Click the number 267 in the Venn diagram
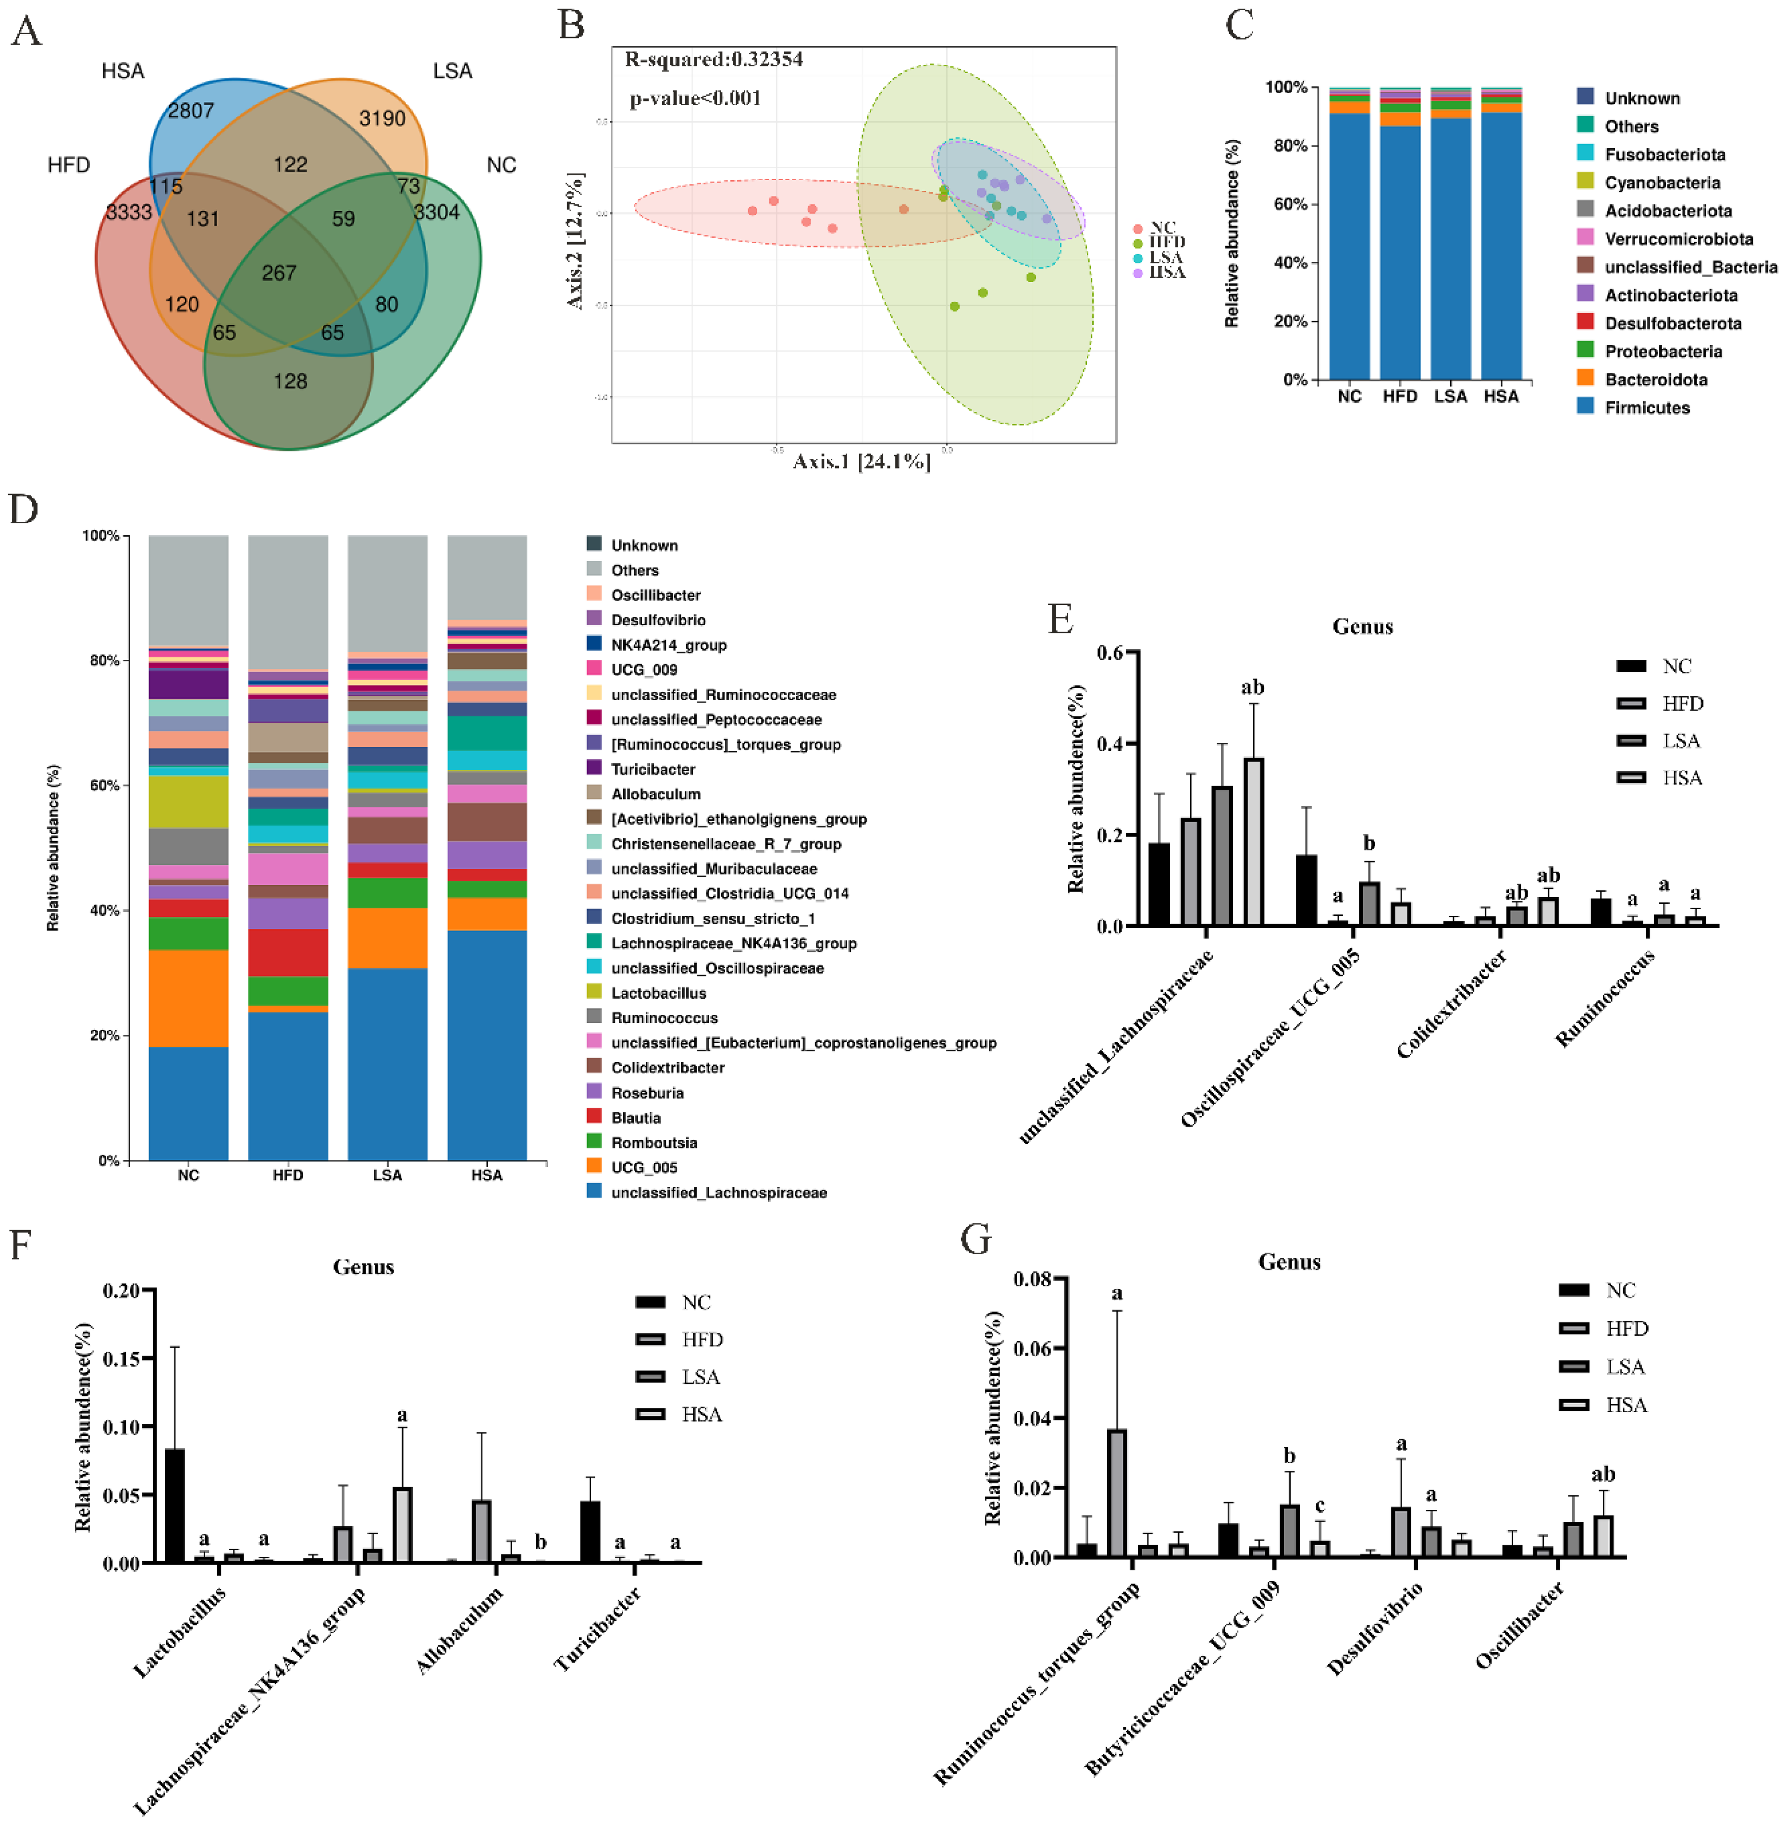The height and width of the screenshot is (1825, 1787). [279, 273]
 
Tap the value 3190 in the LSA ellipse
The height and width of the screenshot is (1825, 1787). [382, 118]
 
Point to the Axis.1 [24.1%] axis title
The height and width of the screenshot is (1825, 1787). [862, 462]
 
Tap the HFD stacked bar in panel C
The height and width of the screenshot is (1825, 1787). [1399, 234]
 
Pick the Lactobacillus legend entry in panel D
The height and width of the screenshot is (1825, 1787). [658, 993]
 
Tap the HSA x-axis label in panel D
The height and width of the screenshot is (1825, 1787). [486, 1175]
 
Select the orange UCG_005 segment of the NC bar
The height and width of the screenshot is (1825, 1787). [189, 998]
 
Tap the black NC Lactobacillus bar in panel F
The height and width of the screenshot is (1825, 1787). [174, 1505]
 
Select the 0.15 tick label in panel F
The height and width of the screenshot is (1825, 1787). [122, 1358]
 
